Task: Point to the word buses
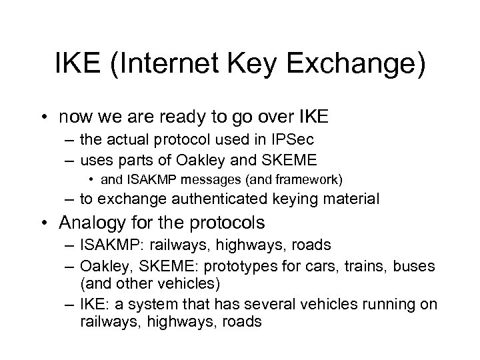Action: (417, 267)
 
